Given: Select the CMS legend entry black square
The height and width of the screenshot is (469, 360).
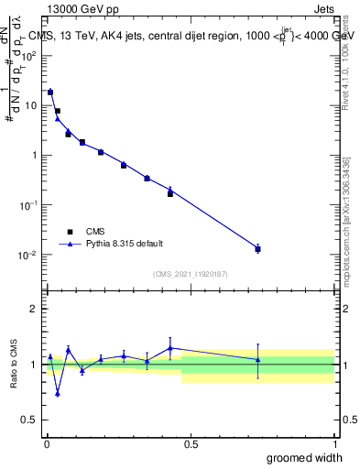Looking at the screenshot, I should tap(69, 232).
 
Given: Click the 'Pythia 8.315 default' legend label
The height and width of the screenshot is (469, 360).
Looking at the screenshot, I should tap(124, 245).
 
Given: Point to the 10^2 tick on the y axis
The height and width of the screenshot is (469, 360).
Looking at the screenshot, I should tap(29, 56).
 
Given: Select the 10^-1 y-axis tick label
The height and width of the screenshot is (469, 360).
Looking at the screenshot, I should tap(29, 205).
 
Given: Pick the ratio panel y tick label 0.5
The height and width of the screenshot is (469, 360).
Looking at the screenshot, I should tap(31, 420).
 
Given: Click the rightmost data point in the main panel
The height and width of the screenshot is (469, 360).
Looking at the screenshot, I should tap(258, 249).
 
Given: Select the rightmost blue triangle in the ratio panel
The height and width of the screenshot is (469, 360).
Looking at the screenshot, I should tap(258, 359).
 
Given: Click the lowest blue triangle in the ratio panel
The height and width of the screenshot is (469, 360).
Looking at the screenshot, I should tap(58, 394).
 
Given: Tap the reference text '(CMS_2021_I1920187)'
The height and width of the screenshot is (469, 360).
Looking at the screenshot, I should tap(190, 274).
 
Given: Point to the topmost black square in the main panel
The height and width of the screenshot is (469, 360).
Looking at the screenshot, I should tap(50, 93).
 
